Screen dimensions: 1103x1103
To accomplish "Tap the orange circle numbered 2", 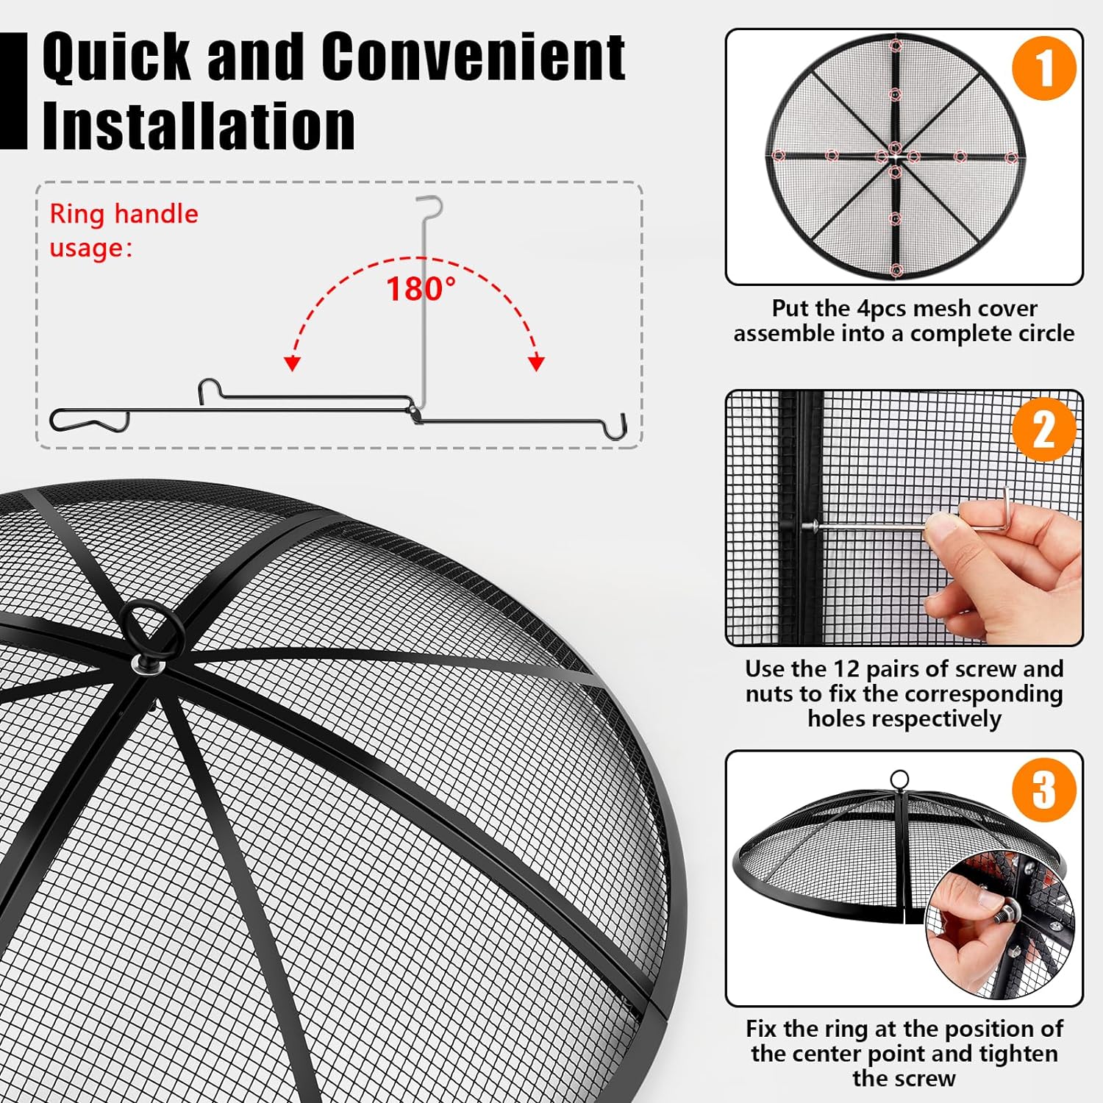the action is [1044, 429].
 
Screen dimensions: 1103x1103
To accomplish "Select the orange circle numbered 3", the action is [1044, 790].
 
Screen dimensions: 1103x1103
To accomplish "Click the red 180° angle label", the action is [421, 289].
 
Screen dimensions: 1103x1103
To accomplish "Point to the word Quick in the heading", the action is [117, 57].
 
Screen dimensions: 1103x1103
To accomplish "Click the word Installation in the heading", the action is [199, 125].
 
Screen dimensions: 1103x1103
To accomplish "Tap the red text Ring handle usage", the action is [124, 230].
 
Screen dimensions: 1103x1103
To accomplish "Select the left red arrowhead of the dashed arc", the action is [293, 363].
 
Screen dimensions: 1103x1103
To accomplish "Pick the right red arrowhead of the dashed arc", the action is [537, 363].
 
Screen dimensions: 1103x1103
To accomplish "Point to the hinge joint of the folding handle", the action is [417, 412].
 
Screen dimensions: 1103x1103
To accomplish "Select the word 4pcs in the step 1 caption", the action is [885, 308].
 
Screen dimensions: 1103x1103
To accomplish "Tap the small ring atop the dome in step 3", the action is [899, 780].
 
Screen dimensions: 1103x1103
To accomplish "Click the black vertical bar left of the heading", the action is [13, 91].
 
